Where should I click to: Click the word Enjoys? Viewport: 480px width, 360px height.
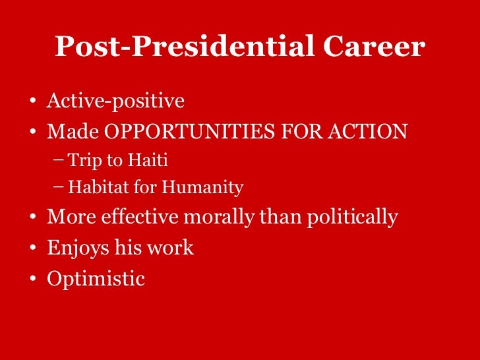coord(76,248)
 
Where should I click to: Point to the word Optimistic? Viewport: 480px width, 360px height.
coord(96,278)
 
